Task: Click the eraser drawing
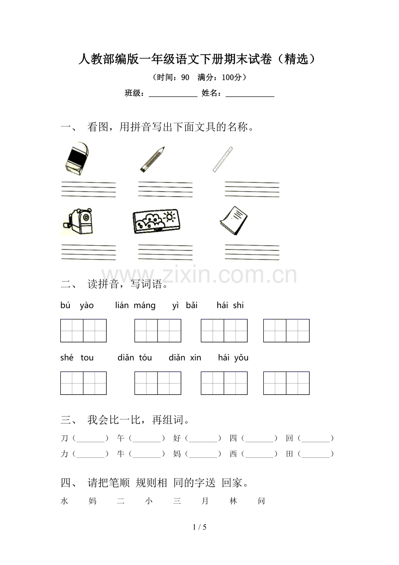(77, 158)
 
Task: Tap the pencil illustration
(152, 160)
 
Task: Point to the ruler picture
(223, 159)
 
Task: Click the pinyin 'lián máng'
(135, 305)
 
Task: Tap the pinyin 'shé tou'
(77, 358)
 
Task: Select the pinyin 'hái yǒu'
(233, 358)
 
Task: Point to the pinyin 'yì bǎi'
(185, 305)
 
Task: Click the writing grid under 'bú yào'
(83, 331)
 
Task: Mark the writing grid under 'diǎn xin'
(224, 383)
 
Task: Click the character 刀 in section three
(65, 438)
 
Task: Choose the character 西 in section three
(233, 454)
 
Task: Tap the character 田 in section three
(290, 454)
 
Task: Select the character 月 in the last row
(205, 501)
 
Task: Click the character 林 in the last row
(233, 501)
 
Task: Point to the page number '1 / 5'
(199, 527)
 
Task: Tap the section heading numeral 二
(67, 285)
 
